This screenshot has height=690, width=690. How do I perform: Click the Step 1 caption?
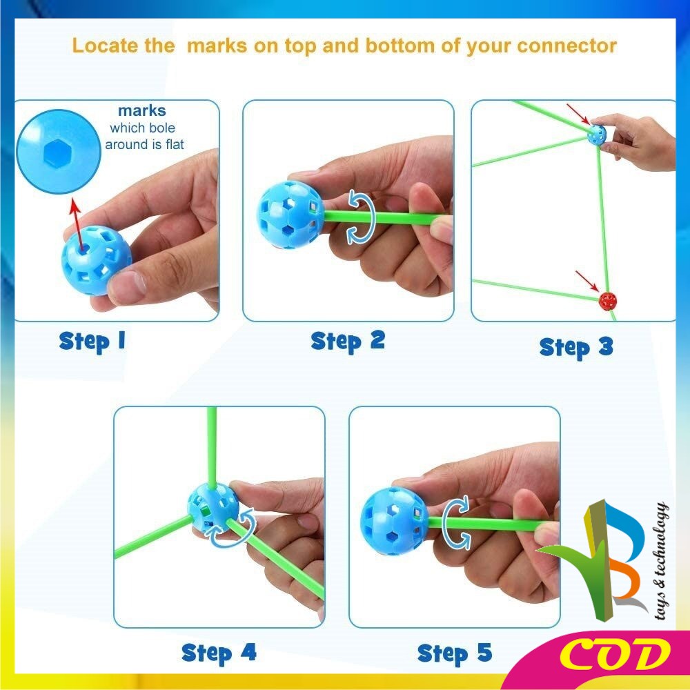(x=92, y=342)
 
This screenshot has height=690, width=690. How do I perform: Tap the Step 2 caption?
(x=348, y=342)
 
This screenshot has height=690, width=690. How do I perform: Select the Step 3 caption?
(x=576, y=347)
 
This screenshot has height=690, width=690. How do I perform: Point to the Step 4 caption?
(x=219, y=653)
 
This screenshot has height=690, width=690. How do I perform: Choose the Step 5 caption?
(x=455, y=653)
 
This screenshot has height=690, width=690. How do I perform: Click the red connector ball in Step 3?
(x=608, y=301)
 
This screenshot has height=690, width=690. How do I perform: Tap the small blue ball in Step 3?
(x=597, y=135)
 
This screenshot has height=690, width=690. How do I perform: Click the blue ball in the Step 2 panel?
(x=290, y=215)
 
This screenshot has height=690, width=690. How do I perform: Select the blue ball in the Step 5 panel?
(x=394, y=521)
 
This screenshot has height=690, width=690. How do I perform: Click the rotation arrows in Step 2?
(x=362, y=217)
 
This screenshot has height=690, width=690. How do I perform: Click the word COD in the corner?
(x=615, y=655)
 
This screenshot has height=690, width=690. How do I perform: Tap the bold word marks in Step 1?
(x=141, y=110)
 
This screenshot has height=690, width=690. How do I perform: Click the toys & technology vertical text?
(x=662, y=560)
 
